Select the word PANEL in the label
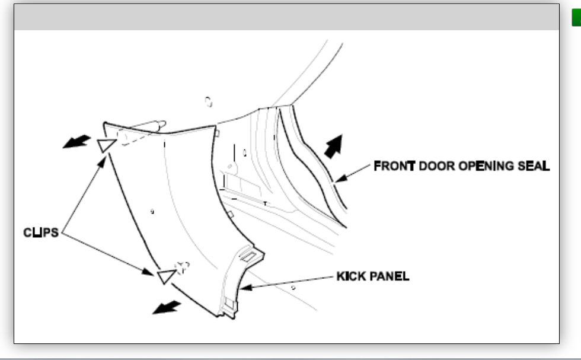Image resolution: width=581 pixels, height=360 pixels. pos(388,276)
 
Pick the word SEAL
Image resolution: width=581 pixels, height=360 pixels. pos(532,165)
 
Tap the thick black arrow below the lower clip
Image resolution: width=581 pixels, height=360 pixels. pos(166,306)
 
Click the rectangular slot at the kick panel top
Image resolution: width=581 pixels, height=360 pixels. pos(248,256)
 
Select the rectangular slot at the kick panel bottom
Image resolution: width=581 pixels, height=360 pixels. pos(229,305)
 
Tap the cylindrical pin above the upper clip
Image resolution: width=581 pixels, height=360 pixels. pos(145,126)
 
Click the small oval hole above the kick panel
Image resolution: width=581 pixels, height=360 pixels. pos(209,103)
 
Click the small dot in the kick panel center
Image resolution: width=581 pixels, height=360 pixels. pos(153,211)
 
